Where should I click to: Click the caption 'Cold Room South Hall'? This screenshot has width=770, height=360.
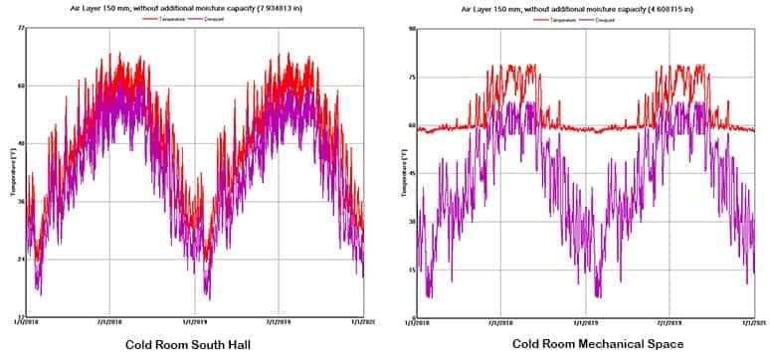tap(189, 345)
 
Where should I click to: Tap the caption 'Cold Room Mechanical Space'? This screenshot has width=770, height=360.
tap(585, 344)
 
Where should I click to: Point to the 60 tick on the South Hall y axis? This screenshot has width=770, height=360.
tap(20, 86)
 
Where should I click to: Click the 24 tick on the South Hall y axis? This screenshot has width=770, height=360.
tap(20, 260)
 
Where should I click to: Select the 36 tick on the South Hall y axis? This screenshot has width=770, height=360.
tap(20, 202)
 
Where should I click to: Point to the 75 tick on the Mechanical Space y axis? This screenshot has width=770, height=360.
tap(411, 77)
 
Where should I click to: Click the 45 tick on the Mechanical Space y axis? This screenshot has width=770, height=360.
tap(411, 173)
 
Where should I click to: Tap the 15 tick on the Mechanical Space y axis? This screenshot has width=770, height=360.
tap(411, 270)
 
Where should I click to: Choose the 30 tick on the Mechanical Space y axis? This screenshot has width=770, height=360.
tap(411, 222)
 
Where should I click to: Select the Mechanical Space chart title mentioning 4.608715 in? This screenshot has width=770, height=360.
tap(583, 9)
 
